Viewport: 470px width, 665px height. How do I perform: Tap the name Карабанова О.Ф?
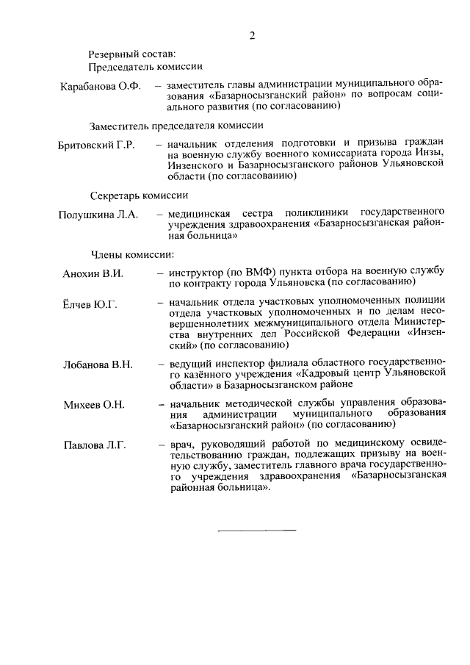[x=100, y=86]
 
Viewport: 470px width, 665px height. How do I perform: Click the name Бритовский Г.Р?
[x=95, y=145]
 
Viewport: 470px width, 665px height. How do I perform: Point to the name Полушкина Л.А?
[x=98, y=215]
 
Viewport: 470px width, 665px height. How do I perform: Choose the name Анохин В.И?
[x=93, y=273]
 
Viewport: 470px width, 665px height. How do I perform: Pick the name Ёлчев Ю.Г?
[x=90, y=303]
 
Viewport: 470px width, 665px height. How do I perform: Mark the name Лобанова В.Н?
[x=98, y=364]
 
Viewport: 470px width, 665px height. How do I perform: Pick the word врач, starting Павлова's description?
[x=181, y=445]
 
